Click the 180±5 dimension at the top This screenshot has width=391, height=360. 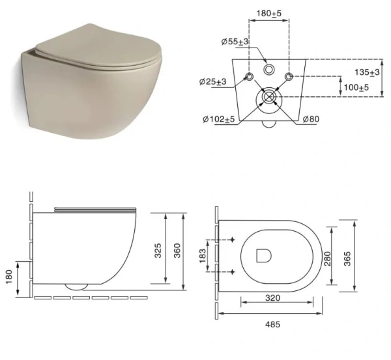coord(268,13)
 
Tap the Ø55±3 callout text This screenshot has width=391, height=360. coord(235,42)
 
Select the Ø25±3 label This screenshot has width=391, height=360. coord(212,81)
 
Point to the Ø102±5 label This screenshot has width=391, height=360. coord(219,119)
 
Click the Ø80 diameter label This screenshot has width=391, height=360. coord(311,119)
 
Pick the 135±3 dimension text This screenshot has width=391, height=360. coord(367,72)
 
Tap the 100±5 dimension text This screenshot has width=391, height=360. coord(356,87)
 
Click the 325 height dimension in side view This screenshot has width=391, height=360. coord(158,250)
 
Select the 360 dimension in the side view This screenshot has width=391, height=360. coord(177,250)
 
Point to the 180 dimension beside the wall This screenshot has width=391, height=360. coord(9,277)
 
